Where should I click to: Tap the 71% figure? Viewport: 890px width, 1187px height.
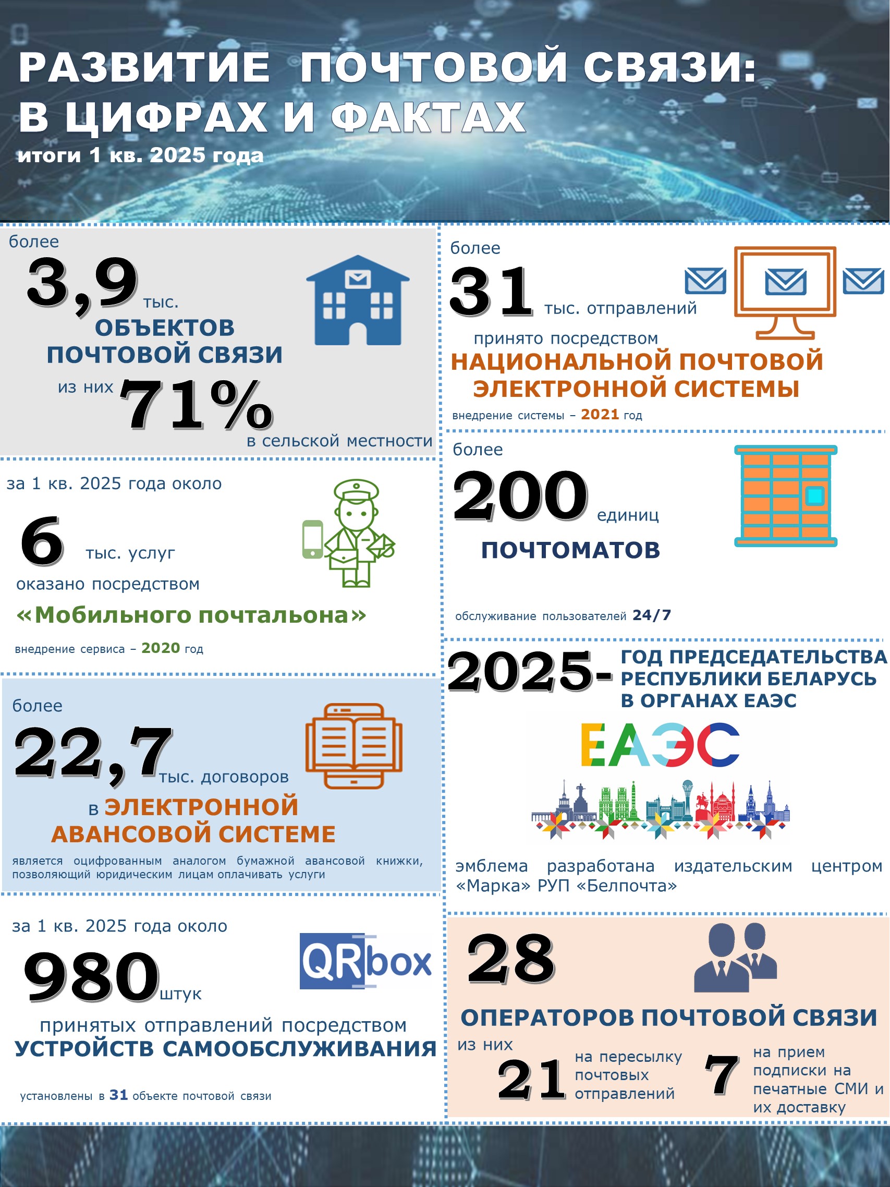[196, 405]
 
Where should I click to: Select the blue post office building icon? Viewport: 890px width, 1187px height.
[358, 300]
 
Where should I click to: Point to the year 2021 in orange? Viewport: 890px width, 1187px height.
[600, 414]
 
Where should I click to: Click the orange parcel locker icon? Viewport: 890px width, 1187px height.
[785, 495]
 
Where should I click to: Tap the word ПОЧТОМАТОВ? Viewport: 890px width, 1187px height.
[570, 550]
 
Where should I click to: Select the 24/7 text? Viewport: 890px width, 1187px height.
[651, 615]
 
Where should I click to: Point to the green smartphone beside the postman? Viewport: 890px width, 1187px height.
[313, 539]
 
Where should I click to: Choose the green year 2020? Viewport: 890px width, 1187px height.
[161, 648]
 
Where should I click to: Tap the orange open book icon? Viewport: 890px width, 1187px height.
[354, 745]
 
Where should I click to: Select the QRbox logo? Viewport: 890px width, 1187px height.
[365, 961]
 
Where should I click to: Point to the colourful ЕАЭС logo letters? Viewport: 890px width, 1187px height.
[661, 744]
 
